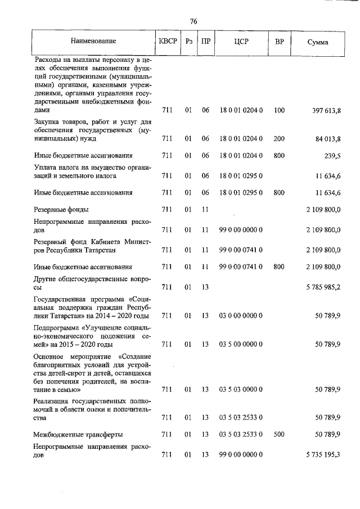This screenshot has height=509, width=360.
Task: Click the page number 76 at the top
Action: tap(193, 21)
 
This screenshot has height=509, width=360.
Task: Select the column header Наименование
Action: tap(93, 42)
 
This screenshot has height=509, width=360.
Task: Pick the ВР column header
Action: tap(279, 42)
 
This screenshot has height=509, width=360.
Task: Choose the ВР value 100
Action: tap(280, 111)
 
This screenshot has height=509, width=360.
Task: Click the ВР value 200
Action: tap(280, 138)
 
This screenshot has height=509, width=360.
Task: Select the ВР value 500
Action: tap(280, 435)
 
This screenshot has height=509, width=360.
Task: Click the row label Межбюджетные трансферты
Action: tap(78, 435)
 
